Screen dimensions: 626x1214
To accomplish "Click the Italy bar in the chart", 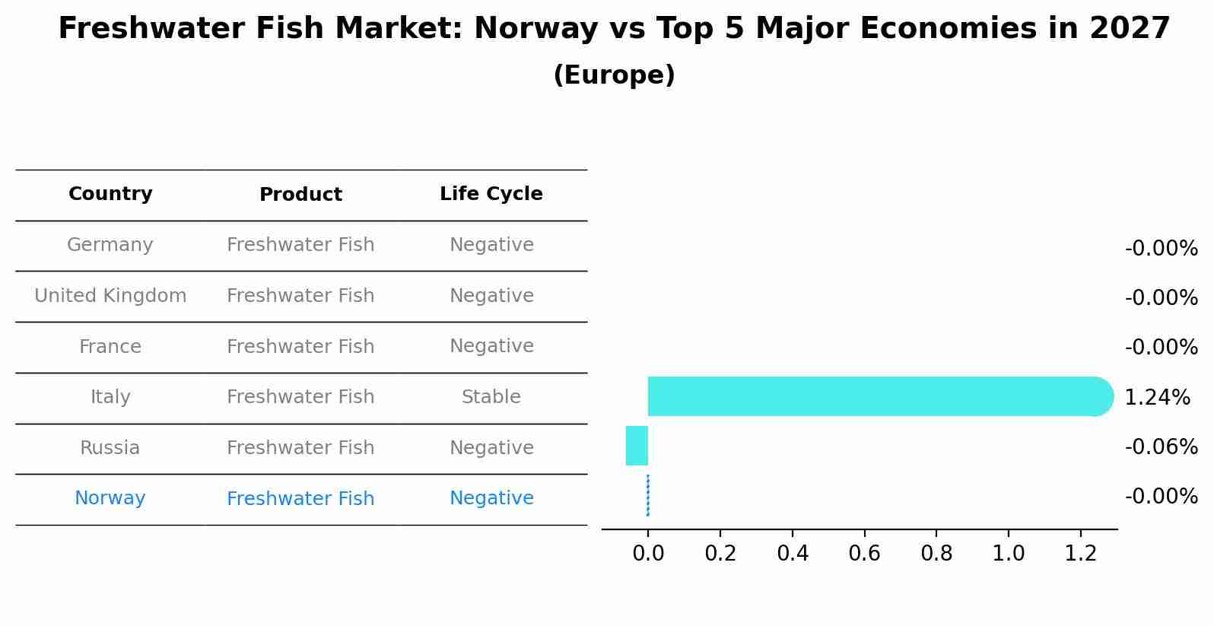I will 875,396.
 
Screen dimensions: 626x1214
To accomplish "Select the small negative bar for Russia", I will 637,446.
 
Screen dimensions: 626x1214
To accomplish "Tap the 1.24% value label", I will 1156,397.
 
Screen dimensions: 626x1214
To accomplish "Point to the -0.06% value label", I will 1161,446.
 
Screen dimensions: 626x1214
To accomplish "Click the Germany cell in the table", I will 110,245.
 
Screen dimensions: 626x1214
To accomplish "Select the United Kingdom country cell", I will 110,296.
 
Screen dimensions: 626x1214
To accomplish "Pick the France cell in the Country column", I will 110,347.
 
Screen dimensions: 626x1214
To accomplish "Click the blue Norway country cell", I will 110,498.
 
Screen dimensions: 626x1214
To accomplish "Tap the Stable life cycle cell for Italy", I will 491,397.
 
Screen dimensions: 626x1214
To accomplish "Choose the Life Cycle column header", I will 491,194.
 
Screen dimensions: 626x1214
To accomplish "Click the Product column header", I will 300,195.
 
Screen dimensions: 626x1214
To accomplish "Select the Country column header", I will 110,194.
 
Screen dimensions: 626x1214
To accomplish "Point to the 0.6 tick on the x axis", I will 864,553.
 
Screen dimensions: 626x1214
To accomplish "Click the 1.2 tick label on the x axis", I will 1080,553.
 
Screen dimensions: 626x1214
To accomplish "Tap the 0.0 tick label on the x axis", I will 648,553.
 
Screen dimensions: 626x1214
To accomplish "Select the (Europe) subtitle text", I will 614,75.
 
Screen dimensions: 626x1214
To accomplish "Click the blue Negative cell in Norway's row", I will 491,498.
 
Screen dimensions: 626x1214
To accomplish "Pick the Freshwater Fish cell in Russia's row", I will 300,448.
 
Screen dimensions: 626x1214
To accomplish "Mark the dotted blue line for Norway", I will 647,495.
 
